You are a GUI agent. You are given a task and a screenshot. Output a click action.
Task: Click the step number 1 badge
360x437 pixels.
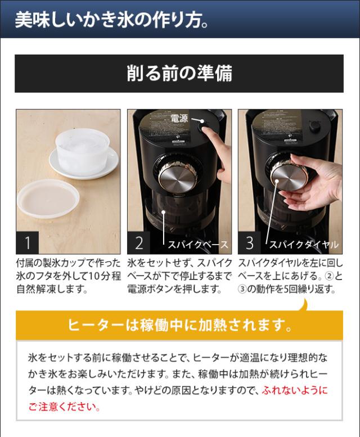coord(28,242)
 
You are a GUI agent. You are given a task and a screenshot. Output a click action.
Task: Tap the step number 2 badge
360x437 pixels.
coord(139,242)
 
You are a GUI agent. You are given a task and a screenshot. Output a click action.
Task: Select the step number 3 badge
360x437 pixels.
coord(249,242)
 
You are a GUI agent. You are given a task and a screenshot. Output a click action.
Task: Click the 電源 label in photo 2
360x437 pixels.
coord(179,119)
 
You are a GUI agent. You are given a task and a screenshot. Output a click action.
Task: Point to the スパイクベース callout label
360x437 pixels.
coord(198,245)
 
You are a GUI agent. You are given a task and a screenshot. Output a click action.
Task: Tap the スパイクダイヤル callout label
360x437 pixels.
coord(304,245)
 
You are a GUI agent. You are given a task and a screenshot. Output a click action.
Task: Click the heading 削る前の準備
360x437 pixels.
coord(179,74)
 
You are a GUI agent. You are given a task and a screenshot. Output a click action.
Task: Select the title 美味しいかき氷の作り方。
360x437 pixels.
coord(112,20)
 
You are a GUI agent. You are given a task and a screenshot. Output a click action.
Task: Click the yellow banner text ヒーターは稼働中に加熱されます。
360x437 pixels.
coord(180,325)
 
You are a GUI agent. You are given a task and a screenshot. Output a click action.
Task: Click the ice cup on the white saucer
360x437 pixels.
coord(80,151)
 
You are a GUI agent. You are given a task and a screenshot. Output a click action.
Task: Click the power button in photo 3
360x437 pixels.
coord(314,126)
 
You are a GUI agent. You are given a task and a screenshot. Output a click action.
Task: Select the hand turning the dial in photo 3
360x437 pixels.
coord(312,181)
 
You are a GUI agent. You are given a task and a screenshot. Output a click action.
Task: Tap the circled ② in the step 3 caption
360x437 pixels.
coord(330,276)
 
